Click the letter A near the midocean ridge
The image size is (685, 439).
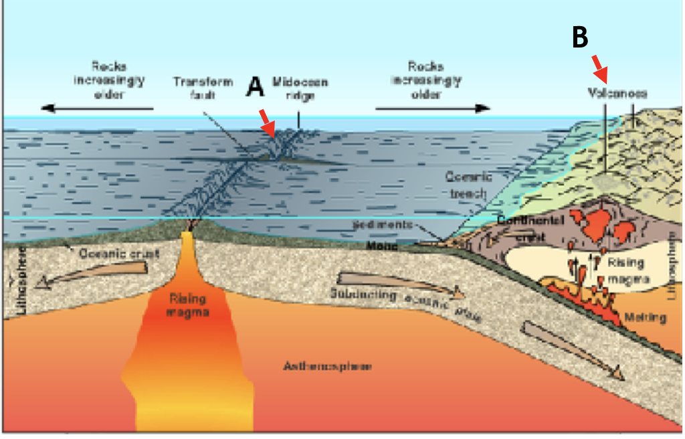tap(256, 87)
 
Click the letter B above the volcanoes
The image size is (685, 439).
tap(580, 37)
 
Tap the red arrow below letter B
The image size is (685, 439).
tap(599, 67)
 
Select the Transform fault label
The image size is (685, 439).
tap(203, 88)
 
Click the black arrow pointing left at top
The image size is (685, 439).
tap(97, 108)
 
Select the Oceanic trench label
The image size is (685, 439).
tap(469, 183)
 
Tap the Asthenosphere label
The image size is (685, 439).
tap(327, 366)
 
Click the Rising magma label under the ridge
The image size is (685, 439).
tap(188, 306)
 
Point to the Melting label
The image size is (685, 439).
tap(647, 317)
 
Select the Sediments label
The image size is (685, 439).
tap(382, 226)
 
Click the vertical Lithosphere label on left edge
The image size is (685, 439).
tap(21, 276)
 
